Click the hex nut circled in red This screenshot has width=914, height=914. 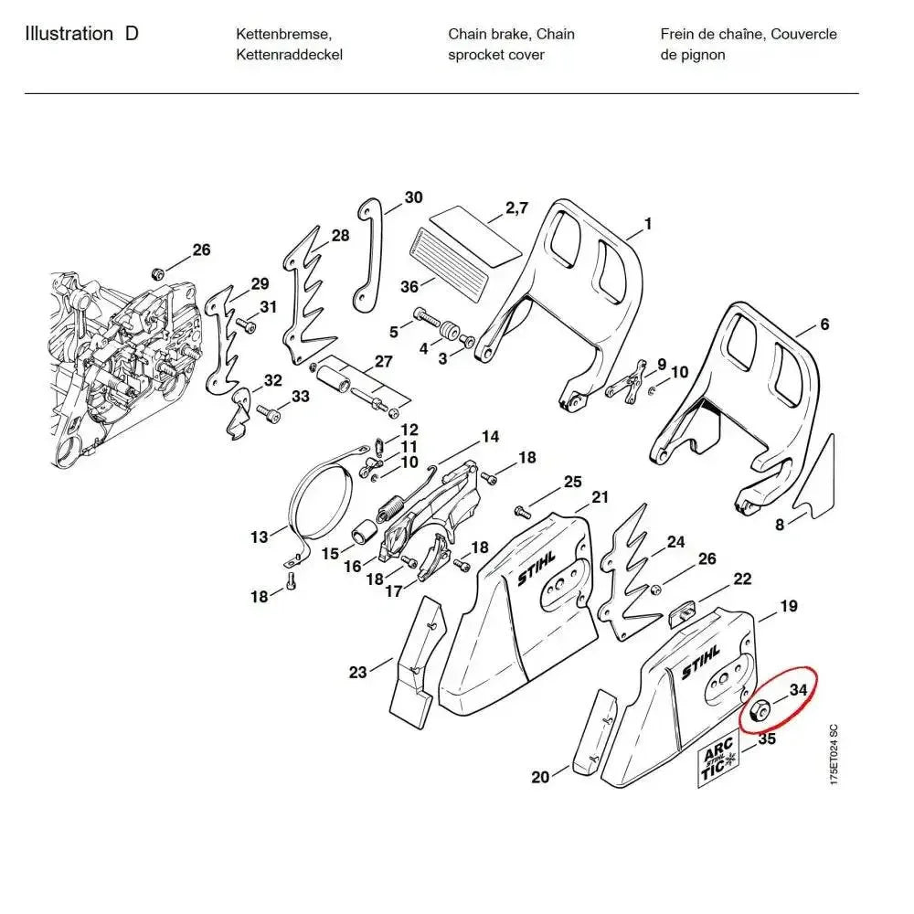coord(758,710)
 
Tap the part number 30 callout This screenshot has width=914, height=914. coord(413,197)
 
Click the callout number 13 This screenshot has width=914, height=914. coord(260,537)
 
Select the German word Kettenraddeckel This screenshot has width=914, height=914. coord(289,55)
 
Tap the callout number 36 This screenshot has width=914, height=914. coord(409,287)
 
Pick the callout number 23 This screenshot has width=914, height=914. coord(357,673)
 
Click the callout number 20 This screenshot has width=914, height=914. coord(540,777)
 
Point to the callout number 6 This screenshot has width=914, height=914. coord(824,324)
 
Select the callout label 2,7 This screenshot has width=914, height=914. coord(516,208)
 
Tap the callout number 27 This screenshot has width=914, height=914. coord(383,362)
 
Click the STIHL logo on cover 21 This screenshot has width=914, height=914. coord(536,568)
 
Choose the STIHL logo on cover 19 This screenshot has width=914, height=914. coord(700,661)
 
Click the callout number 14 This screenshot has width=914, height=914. coord(491,437)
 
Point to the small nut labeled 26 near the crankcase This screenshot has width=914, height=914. coord(156,273)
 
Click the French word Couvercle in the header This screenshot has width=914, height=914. coord(803,35)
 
